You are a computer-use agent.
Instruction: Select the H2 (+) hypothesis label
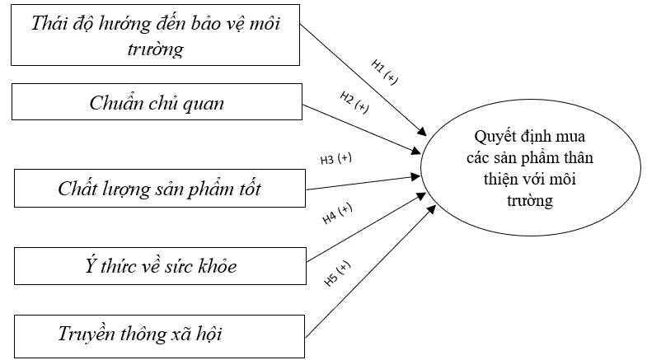pyautogui.click(x=354, y=102)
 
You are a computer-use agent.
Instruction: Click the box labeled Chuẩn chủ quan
pyautogui.click(x=157, y=104)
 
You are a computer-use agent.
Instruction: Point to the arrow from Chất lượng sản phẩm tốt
pyautogui.click(x=363, y=183)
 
